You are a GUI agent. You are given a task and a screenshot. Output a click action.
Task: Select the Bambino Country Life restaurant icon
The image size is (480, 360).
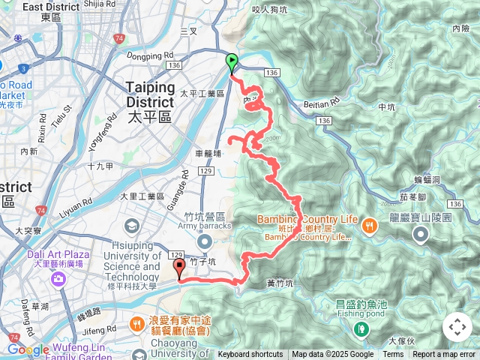(369, 224)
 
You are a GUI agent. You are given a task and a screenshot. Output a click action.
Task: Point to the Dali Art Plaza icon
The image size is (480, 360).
(58, 279)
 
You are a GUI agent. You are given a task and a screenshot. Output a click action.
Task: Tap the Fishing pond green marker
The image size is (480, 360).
(362, 328)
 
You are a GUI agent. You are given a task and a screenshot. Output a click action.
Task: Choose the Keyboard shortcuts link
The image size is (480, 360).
(250, 355)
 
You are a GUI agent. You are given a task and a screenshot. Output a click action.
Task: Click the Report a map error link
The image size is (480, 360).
(444, 355)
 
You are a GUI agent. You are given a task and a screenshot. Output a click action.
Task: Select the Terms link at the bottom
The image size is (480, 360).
(393, 355)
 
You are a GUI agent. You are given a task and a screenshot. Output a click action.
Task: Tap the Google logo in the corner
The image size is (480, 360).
(28, 349)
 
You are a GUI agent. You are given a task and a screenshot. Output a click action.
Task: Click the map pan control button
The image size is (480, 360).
(457, 327)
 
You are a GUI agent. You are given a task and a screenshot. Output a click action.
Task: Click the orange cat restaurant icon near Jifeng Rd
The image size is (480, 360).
(136, 324)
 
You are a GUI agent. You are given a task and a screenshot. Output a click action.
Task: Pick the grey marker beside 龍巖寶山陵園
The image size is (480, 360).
(420, 236)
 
